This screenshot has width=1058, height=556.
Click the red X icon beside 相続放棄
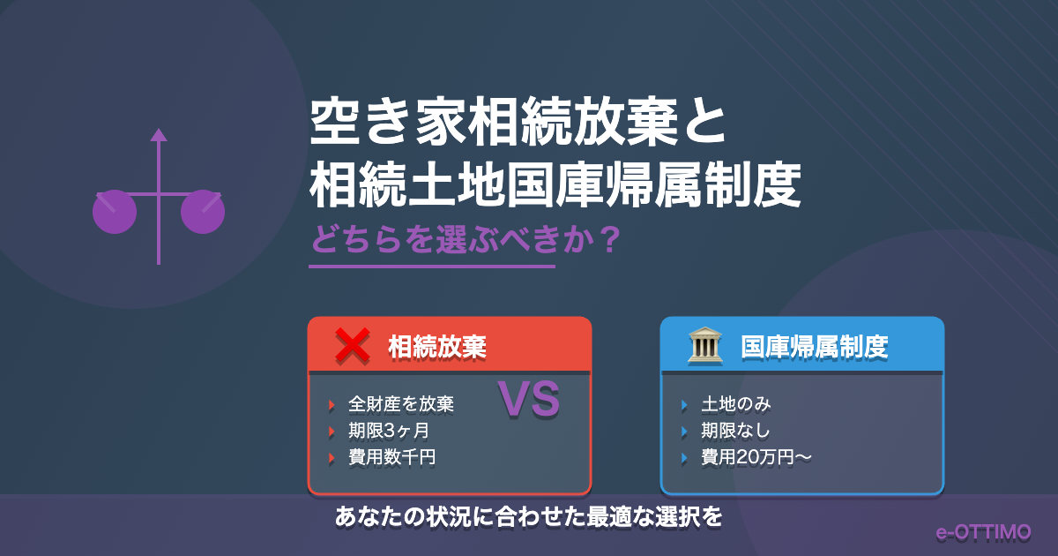tap(352, 346)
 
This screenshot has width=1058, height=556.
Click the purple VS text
tap(529, 400)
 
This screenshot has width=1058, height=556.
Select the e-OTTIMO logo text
tap(984, 532)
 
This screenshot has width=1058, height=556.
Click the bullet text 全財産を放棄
tap(401, 405)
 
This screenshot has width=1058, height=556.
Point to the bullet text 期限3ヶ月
tap(389, 432)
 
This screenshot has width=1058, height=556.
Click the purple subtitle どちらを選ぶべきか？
tap(462, 239)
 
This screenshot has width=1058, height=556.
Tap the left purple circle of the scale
tap(115, 212)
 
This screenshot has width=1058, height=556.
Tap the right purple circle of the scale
tap(203, 212)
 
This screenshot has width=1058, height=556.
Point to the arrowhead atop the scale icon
tap(159, 134)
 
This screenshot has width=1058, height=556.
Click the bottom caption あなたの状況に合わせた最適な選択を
tap(528, 517)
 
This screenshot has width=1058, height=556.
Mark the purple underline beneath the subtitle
tap(432, 266)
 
